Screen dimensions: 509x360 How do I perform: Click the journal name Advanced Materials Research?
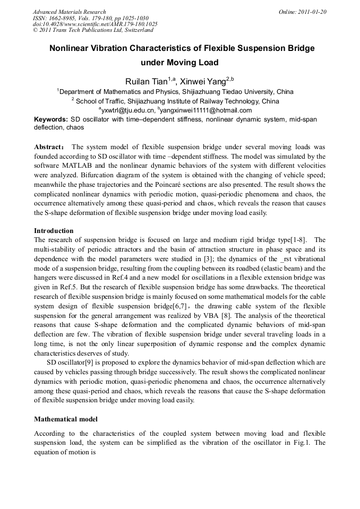[69, 12]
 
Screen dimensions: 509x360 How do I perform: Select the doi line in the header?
[95, 24]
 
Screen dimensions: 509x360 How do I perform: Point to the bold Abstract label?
[50, 146]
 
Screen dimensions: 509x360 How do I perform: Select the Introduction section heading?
[54, 231]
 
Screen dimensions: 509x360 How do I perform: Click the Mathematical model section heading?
[65, 419]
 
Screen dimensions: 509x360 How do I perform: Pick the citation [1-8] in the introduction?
[298, 239]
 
